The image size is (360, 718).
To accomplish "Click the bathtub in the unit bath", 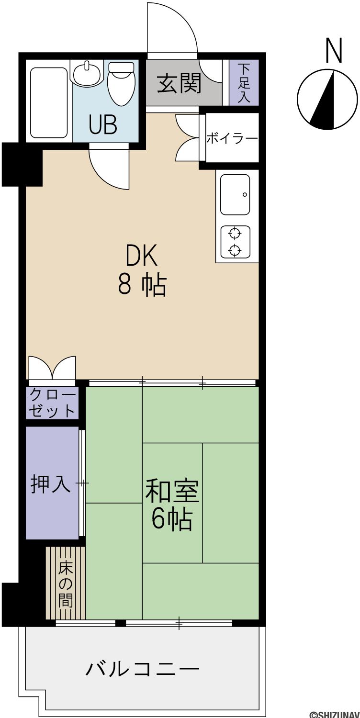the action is (x=49, y=102).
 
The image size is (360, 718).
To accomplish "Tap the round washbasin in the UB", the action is (x=86, y=73).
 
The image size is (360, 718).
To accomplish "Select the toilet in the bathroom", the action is (x=121, y=84).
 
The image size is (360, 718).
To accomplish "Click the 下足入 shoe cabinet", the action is (x=244, y=82).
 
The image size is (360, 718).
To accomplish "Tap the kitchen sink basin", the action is (x=235, y=194).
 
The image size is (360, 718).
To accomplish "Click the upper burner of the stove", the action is (x=235, y=234).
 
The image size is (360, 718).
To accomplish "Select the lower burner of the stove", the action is (x=235, y=250).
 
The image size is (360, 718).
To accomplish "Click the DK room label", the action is (x=142, y=255).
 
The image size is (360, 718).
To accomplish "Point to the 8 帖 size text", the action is (x=142, y=285).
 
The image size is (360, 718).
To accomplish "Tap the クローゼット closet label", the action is (x=52, y=403).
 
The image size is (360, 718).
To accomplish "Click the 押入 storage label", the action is (x=50, y=483).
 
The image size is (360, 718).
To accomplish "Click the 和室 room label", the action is (x=172, y=491).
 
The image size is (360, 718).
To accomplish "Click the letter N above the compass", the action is (x=334, y=51).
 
